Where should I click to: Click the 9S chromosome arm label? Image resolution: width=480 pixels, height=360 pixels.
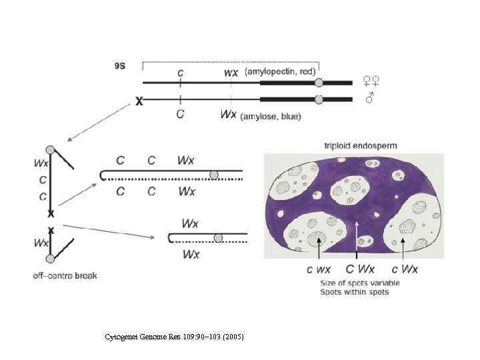coord(121,65)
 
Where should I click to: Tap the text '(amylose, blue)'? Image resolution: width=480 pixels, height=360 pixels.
coord(271,116)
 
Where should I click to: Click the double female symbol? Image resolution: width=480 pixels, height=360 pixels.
coord(371,81)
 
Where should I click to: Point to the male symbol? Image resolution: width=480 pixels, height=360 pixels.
coord(370,99)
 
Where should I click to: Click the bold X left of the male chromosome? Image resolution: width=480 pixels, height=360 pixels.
coord(139,101)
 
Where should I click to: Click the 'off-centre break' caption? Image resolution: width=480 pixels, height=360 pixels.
coord(65,275)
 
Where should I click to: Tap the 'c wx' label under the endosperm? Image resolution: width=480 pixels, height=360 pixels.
coord(319,269)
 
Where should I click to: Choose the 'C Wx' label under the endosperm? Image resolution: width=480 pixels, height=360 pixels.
coord(359,269)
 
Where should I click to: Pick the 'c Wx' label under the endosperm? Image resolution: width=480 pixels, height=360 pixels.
coord(404,269)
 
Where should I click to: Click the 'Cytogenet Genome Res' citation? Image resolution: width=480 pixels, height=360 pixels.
coord(175,337)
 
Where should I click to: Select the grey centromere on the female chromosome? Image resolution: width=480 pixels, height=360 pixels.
coord(319,82)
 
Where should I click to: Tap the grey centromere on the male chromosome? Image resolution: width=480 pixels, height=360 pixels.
coord(319,99)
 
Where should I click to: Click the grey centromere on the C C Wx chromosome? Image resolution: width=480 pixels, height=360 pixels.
coord(213,175)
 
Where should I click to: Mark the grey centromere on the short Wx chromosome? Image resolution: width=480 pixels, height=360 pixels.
coord(218,237)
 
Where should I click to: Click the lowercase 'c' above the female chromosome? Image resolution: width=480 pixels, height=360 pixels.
coord(180,71)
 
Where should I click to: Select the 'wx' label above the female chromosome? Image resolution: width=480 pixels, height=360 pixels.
coord(231,71)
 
